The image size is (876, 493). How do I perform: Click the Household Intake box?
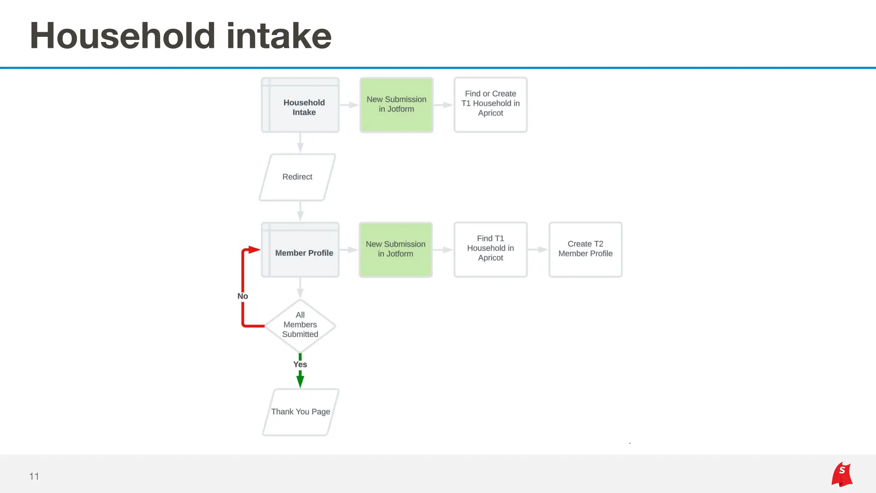click(300, 105)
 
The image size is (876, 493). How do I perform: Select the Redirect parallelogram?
click(297, 177)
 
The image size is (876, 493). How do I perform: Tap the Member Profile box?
click(300, 250)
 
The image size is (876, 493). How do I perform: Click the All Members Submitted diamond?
click(300, 325)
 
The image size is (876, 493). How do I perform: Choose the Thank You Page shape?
click(301, 412)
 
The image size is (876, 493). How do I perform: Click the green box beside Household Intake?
click(397, 105)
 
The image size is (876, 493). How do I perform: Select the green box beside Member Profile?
click(396, 249)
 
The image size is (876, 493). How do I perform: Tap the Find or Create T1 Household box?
click(491, 105)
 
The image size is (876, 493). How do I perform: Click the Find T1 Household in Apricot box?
click(491, 249)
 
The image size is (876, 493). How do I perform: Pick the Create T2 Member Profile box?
click(586, 249)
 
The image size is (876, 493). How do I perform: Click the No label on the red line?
click(243, 296)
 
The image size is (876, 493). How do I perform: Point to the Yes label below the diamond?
click(300, 365)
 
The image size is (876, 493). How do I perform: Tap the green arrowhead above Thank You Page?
click(300, 380)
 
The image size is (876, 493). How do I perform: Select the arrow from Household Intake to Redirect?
click(300, 143)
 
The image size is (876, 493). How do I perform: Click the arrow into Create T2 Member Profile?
click(538, 249)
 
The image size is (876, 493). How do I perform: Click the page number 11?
click(34, 476)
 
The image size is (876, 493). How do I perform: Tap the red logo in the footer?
click(842, 474)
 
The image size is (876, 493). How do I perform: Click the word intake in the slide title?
click(279, 36)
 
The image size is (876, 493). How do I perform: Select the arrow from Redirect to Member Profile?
click(300, 211)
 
